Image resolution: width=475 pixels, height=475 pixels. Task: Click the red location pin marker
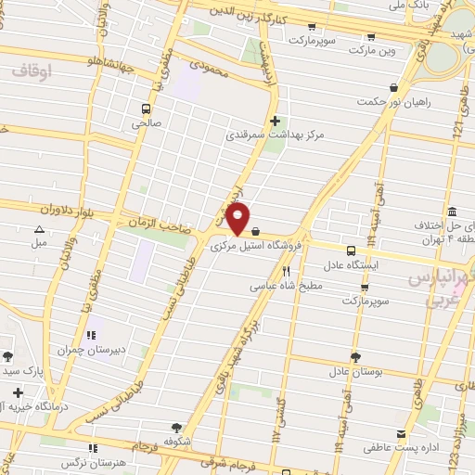[x=238, y=219]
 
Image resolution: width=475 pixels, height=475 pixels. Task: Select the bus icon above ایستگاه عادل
[x=351, y=250]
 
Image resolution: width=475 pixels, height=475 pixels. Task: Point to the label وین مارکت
[x=371, y=52]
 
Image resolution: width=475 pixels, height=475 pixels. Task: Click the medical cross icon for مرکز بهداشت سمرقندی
[x=275, y=120]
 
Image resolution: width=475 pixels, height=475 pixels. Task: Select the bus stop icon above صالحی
[x=147, y=108]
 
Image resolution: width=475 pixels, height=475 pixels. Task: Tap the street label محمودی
[x=208, y=67]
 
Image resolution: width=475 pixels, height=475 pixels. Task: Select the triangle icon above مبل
[x=39, y=229]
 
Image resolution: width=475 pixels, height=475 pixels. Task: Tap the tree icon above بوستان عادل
[x=355, y=357]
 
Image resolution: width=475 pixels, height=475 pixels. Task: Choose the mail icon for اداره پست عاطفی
[x=401, y=434]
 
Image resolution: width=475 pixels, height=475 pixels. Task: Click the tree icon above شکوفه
[x=176, y=428]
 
